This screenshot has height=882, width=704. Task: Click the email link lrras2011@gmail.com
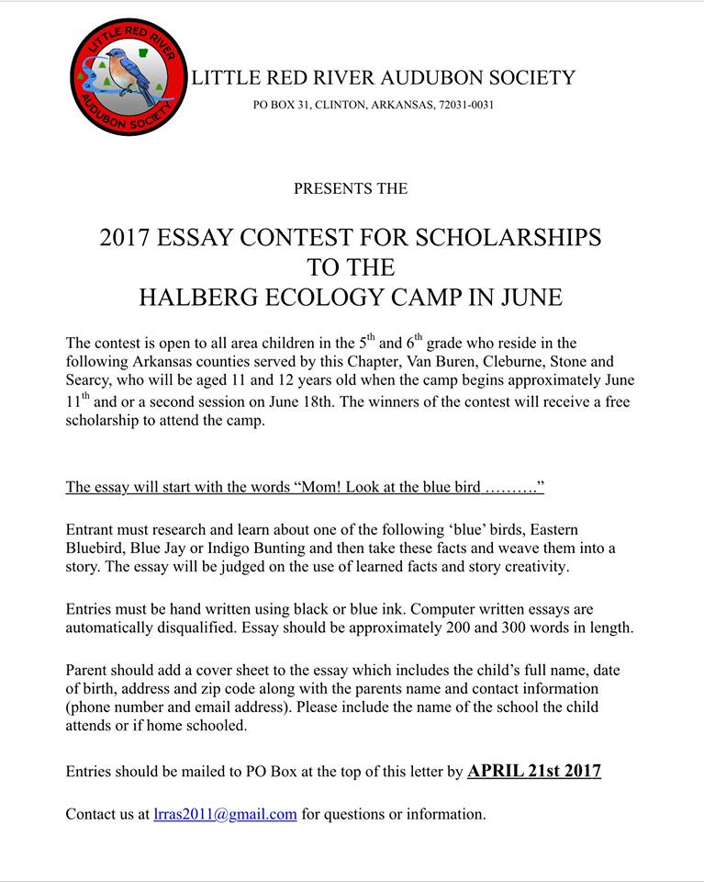pyautogui.click(x=225, y=814)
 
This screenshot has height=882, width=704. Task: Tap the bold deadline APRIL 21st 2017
pyautogui.click(x=534, y=771)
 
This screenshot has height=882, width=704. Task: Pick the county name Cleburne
pyautogui.click(x=508, y=361)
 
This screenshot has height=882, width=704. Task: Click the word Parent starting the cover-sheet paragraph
pyautogui.click(x=91, y=670)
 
